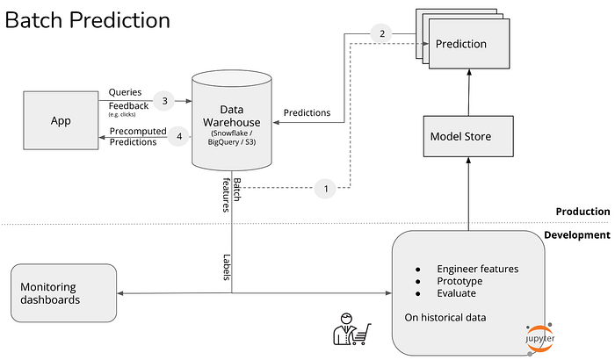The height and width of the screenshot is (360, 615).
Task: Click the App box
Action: pyautogui.click(x=61, y=120)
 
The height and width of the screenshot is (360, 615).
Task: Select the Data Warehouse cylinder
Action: pyautogui.click(x=232, y=120)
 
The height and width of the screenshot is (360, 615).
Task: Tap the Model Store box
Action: pyautogui.click(x=468, y=136)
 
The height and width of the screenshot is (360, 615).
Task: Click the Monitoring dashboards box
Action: pyautogui.click(x=63, y=293)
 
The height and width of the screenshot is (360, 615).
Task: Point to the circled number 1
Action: pyautogui.click(x=325, y=189)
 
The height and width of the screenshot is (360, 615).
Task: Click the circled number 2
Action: pyautogui.click(x=382, y=33)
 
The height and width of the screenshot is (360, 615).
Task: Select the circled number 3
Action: pyautogui.click(x=165, y=101)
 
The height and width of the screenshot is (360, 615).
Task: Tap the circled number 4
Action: pyautogui.click(x=179, y=136)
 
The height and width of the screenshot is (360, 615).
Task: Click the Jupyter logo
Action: pyautogui.click(x=539, y=338)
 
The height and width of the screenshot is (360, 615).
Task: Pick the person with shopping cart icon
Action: pyautogui.click(x=351, y=329)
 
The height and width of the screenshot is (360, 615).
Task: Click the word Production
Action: pyautogui.click(x=582, y=212)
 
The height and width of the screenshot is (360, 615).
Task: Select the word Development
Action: pyautogui.click(x=577, y=235)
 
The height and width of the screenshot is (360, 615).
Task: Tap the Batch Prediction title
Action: pyautogui.click(x=88, y=20)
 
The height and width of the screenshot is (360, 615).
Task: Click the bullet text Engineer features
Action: pyautogui.click(x=478, y=269)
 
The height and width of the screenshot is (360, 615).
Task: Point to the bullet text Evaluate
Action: pyautogui.click(x=457, y=293)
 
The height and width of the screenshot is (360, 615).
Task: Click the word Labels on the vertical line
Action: pyautogui.click(x=227, y=267)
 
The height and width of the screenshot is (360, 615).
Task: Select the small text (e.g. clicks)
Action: pyautogui.click(x=122, y=114)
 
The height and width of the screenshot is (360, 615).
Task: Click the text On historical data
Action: pyautogui.click(x=445, y=317)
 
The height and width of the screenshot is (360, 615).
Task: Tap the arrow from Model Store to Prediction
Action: pyautogui.click(x=468, y=92)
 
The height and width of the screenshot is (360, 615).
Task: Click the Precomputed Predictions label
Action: pyautogui.click(x=138, y=136)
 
